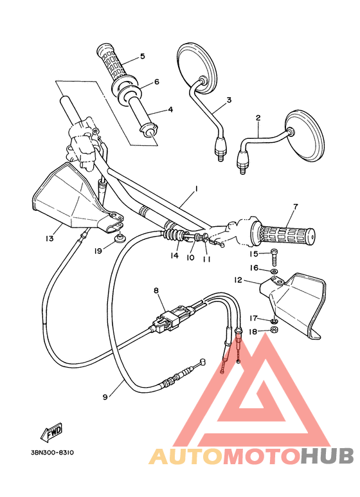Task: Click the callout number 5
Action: coord(142,56)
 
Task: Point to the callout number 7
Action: coord(295,206)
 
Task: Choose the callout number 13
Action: coord(50,239)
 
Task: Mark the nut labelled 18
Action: coord(273,330)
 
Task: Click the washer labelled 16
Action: coord(274,271)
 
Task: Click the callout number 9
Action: coord(105,397)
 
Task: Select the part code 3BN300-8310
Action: coord(51,453)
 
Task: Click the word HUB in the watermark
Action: coord(327,456)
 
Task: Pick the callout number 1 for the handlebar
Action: coord(195,189)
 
